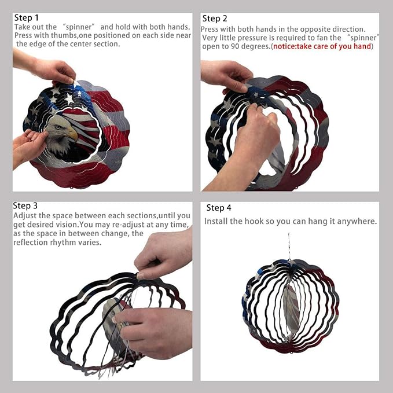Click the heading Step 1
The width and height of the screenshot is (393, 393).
pyautogui.click(x=26, y=18)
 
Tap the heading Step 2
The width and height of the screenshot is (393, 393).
pyautogui.click(x=215, y=19)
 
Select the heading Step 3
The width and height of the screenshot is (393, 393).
pyautogui.click(x=25, y=206)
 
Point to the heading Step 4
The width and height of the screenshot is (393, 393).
pyautogui.click(x=219, y=208)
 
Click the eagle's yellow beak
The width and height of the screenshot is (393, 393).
pyautogui.click(x=73, y=134)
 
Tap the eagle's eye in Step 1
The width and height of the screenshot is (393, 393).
pyautogui.click(x=58, y=127)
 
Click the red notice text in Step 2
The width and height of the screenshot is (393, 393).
pyautogui.click(x=322, y=46)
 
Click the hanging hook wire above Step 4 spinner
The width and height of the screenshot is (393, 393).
pyautogui.click(x=289, y=247)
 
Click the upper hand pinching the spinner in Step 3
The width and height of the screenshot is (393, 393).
pyautogui.click(x=163, y=256)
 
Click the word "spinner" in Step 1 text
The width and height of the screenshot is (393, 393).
pyautogui.click(x=79, y=27)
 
